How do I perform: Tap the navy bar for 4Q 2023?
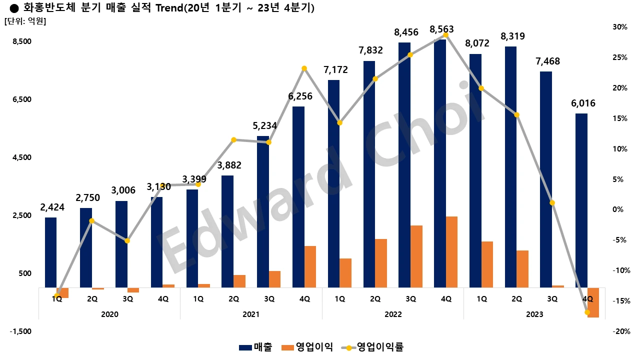[x=581, y=200]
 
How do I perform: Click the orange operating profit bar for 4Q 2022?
[x=451, y=252]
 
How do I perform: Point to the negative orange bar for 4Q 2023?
[x=593, y=302]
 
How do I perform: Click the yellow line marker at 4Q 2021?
[x=304, y=68]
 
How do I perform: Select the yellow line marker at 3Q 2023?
[x=552, y=202]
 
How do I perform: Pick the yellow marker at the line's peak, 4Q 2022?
[x=446, y=35]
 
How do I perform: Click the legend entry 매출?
[x=255, y=347]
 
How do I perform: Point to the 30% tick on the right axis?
[x=620, y=27]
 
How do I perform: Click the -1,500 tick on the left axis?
[x=21, y=331]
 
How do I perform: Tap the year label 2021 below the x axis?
[x=251, y=314]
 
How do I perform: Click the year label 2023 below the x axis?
[x=534, y=314]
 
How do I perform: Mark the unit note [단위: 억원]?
[x=25, y=21]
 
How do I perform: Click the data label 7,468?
[x=547, y=61]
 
